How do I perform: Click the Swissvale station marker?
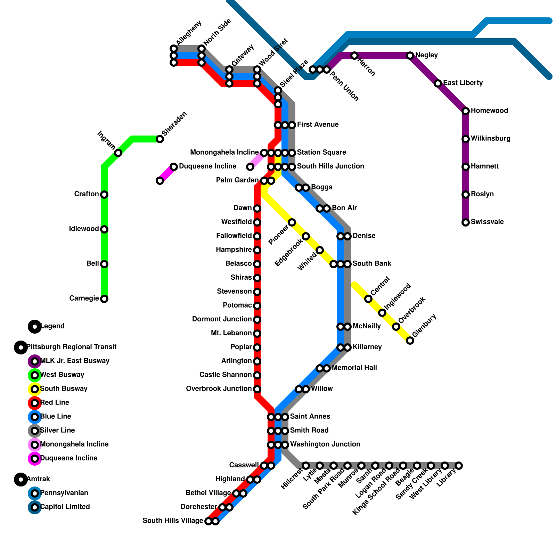point(466,222)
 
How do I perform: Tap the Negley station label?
point(426,55)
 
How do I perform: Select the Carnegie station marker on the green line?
point(104,299)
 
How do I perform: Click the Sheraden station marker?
point(160,139)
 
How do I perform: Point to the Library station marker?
point(459,466)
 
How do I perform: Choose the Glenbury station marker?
point(410,341)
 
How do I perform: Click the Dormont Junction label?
point(222,319)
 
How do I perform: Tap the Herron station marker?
point(354,56)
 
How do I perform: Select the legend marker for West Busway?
point(35,375)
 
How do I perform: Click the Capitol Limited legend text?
point(65,507)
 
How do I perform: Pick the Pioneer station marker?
point(292,222)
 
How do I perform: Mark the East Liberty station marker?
point(438,83)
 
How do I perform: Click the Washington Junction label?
point(325,444)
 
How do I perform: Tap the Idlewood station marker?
point(104,229)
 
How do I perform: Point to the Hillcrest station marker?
point(306,466)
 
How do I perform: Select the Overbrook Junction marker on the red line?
point(257,389)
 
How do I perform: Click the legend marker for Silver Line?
point(35,431)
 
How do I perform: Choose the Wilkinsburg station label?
point(490,139)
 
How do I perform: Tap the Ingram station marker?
point(118,153)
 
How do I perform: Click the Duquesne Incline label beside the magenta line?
point(207,166)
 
